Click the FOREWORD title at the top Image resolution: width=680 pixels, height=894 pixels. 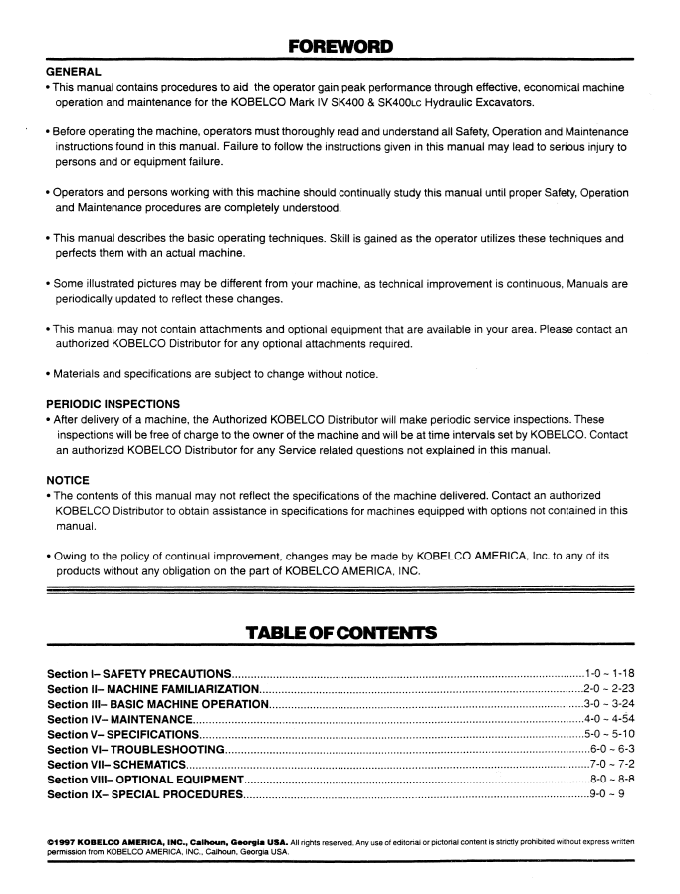click(340, 46)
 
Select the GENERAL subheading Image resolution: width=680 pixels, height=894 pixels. click(74, 73)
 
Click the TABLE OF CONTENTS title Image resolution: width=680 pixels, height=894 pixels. click(340, 630)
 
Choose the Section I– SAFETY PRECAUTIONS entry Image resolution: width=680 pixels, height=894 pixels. click(139, 675)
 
